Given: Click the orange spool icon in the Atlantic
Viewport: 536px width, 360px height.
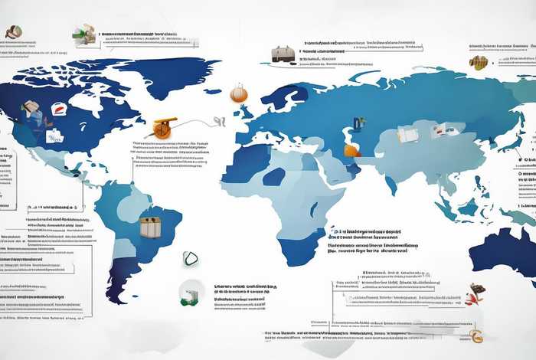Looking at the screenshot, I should [x=162, y=127].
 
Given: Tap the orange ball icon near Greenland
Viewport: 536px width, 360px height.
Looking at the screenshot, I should [x=238, y=93].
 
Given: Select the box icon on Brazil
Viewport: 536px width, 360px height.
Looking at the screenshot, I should [x=150, y=226].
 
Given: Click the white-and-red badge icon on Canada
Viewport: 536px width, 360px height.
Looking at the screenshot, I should [x=60, y=110].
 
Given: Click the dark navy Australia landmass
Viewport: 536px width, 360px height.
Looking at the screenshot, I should [x=505, y=249].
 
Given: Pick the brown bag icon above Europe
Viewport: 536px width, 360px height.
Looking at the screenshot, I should [x=283, y=54].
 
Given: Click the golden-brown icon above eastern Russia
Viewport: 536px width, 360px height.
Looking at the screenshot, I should [x=479, y=62].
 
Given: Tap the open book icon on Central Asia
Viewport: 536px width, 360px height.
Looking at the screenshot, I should [x=408, y=135].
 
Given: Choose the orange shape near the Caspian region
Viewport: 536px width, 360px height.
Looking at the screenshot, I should [x=351, y=150].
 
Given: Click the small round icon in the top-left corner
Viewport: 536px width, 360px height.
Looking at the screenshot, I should [x=13, y=32].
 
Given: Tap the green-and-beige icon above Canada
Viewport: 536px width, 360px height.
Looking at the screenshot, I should [x=85, y=34].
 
